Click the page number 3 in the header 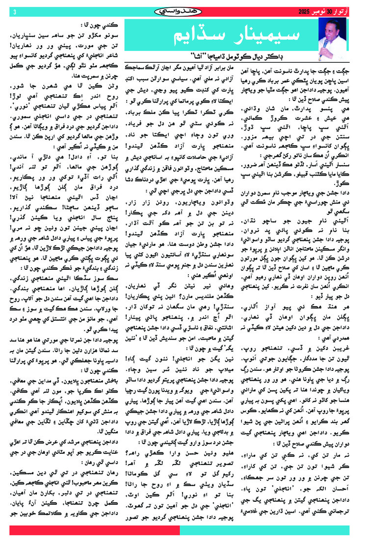click(16, 11)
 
